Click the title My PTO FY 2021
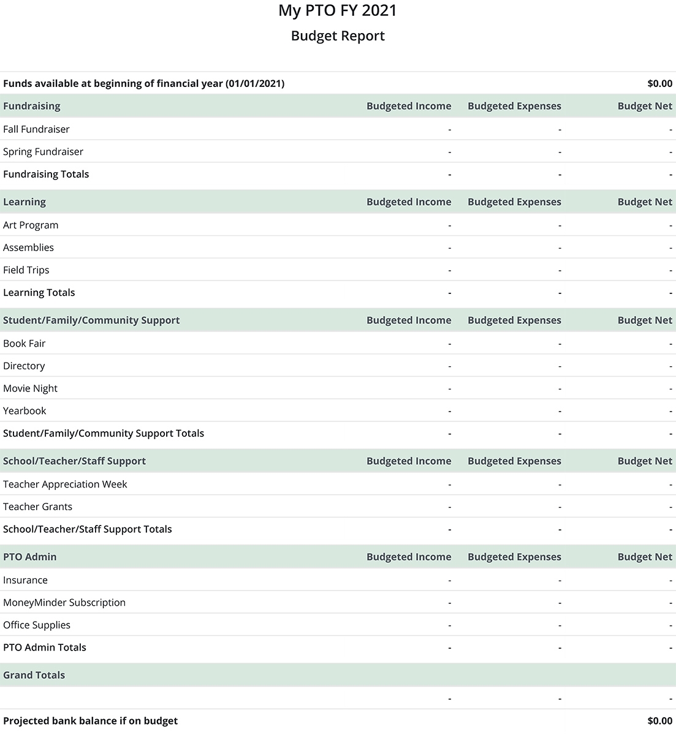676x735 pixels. (x=338, y=10)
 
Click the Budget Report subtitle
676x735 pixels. (x=338, y=36)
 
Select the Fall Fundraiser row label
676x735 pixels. (x=36, y=129)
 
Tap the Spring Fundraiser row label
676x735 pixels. (x=43, y=152)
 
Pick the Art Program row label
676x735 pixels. (x=31, y=225)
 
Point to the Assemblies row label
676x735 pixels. (x=28, y=247)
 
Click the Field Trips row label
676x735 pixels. (x=26, y=270)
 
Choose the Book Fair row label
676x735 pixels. (x=24, y=344)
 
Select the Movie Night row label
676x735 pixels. (x=30, y=388)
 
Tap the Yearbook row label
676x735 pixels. (x=25, y=411)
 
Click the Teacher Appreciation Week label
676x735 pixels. (x=65, y=484)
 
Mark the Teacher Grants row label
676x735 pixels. (x=37, y=507)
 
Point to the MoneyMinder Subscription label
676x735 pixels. (x=64, y=603)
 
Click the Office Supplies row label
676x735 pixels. (x=37, y=625)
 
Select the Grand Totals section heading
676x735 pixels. (x=34, y=675)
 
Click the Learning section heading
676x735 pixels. (x=25, y=202)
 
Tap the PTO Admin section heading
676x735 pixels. (x=29, y=557)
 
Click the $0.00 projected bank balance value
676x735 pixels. (x=659, y=721)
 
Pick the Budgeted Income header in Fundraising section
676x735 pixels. (x=409, y=106)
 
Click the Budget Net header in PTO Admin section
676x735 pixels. (x=645, y=557)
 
